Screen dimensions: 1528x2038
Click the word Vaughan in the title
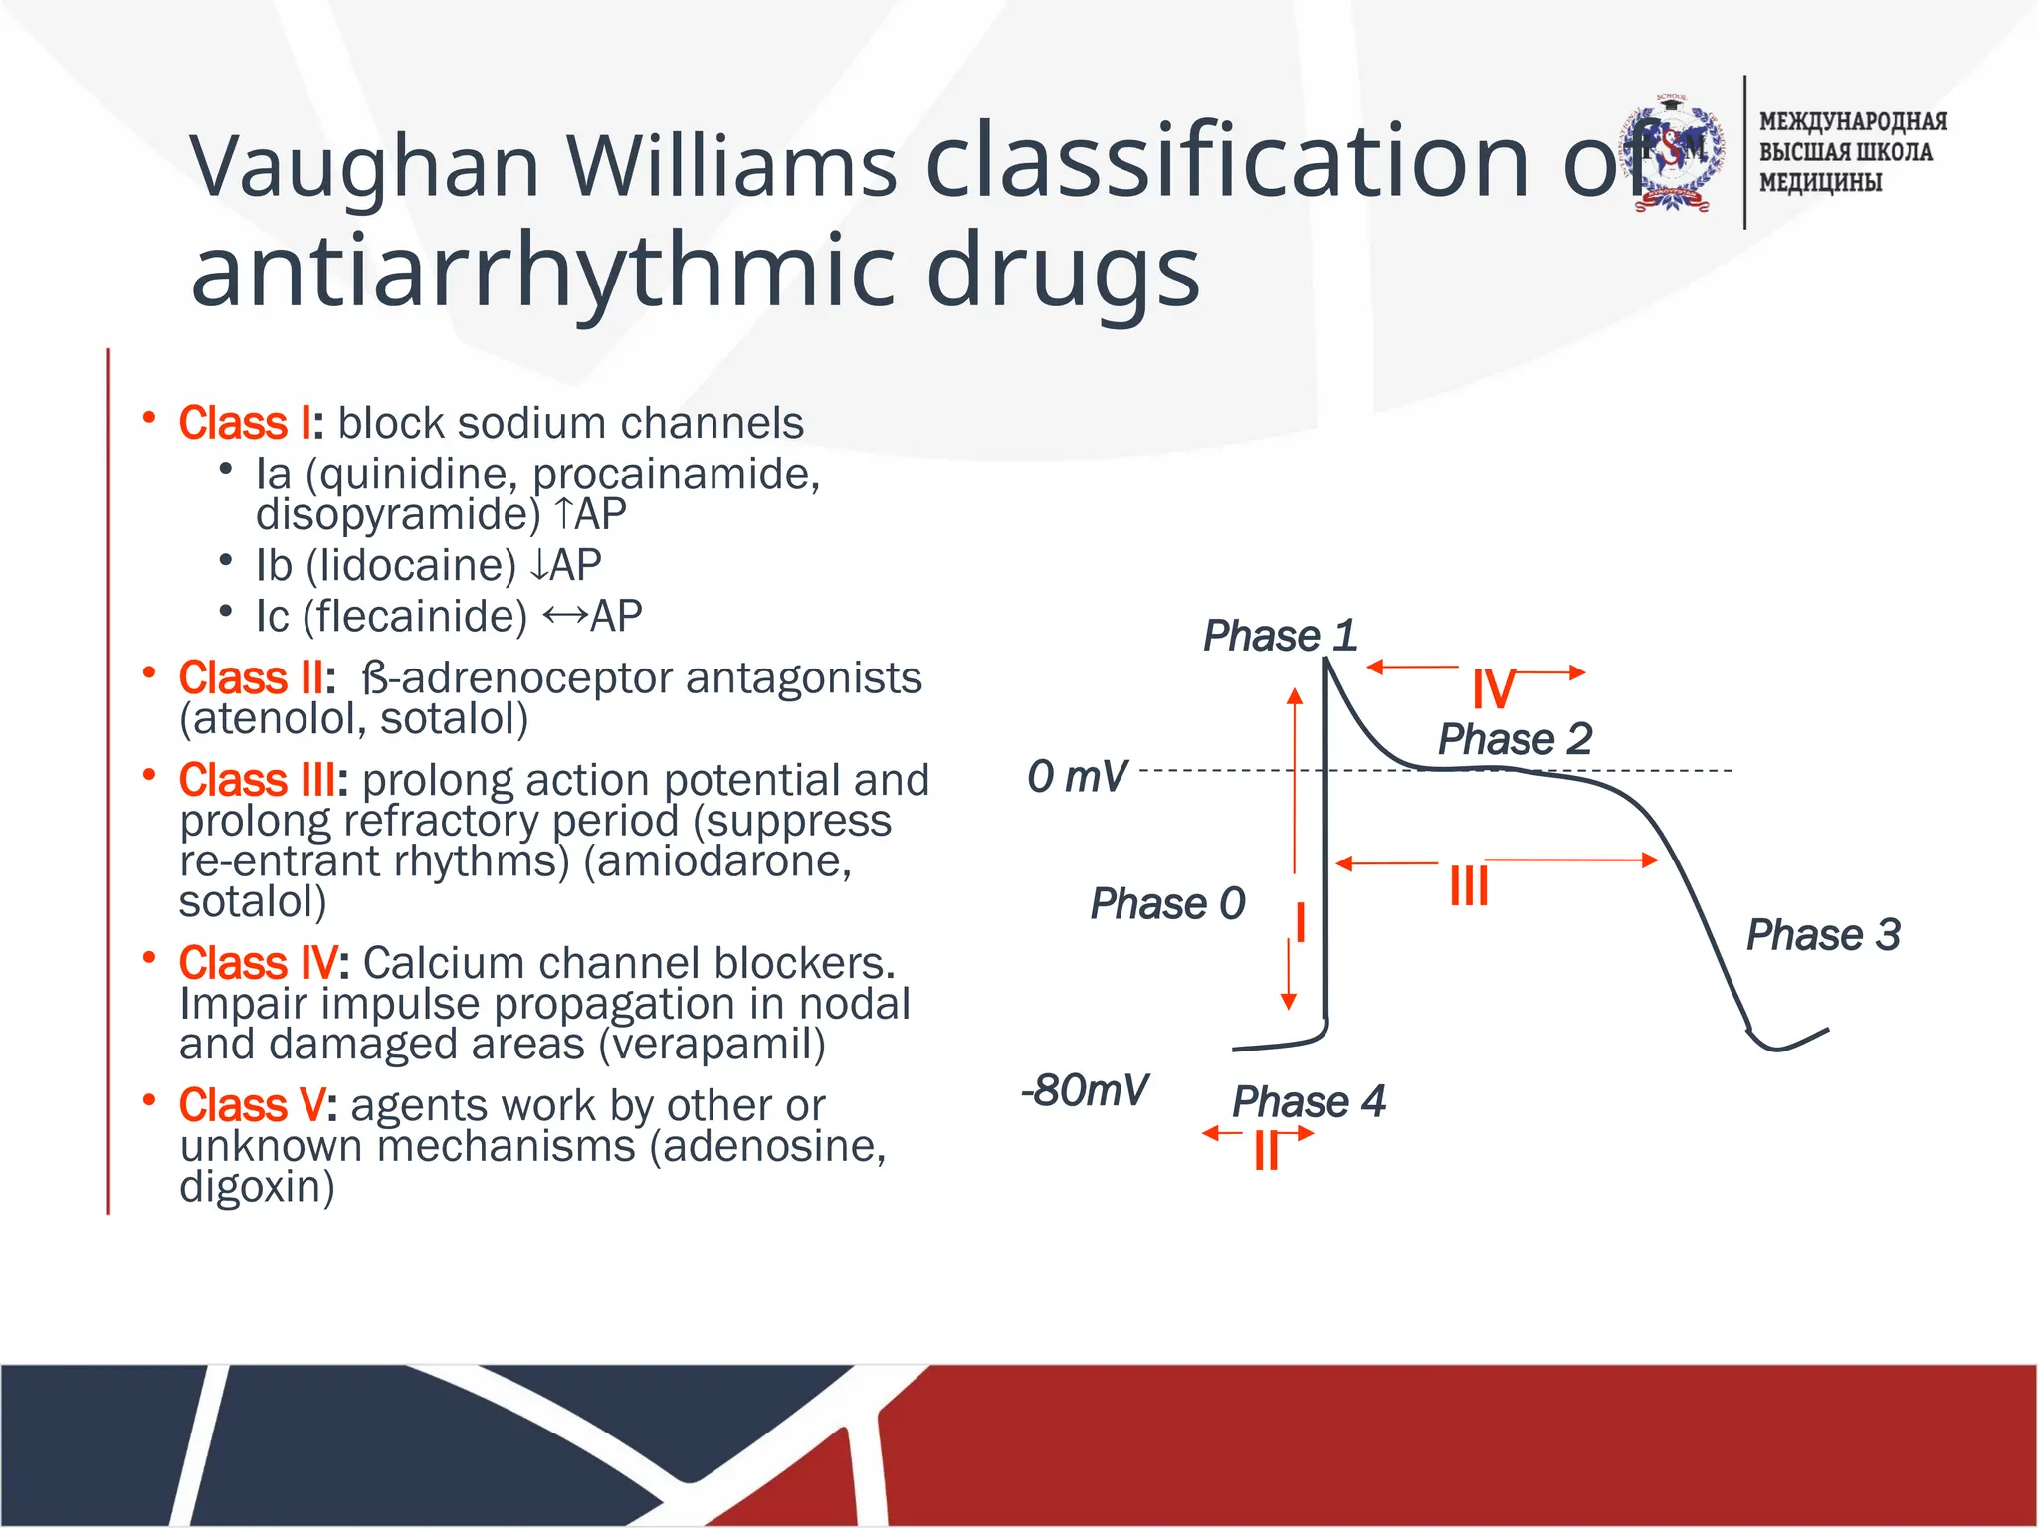[x=363, y=166]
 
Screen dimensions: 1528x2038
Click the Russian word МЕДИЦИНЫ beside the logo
[x=1820, y=183]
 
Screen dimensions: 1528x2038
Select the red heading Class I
[x=246, y=424]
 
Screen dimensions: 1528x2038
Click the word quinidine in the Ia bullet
[x=418, y=475]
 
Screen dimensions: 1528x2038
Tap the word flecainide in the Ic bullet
[x=416, y=617]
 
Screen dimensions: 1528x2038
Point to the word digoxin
[x=257, y=1187]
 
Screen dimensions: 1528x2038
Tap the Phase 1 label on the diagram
[x=1280, y=636]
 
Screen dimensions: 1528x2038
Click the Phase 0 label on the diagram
[x=1167, y=904]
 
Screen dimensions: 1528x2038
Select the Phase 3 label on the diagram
[x=1823, y=935]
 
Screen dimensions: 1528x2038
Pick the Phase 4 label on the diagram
[x=1309, y=1102]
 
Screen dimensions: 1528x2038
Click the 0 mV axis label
[x=1077, y=777]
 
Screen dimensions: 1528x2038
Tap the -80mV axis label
[x=1085, y=1091]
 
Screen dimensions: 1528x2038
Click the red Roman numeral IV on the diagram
[x=1494, y=688]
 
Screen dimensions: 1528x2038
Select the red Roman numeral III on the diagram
[x=1469, y=884]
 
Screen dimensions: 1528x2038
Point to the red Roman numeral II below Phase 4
[x=1266, y=1151]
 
